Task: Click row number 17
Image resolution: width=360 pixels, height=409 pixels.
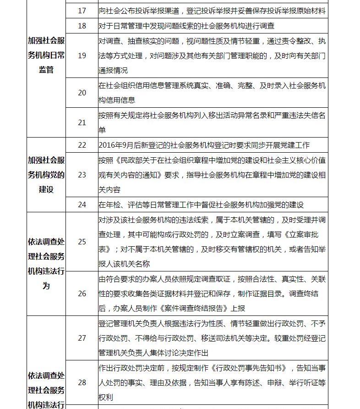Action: click(x=82, y=10)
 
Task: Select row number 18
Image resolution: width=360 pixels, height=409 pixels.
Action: click(x=82, y=26)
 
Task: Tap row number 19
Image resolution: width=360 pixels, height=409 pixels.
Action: click(x=82, y=55)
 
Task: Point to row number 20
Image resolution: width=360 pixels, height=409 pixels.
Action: click(x=82, y=93)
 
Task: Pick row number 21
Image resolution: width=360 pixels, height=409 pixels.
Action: click(x=82, y=122)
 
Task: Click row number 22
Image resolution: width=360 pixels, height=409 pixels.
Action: click(x=82, y=145)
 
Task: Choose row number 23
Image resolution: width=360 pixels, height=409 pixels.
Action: click(x=82, y=175)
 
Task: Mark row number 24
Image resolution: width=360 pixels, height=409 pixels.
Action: click(x=82, y=204)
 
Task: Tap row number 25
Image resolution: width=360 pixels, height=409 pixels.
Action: click(x=82, y=242)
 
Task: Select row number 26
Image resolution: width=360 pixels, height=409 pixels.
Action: click(x=82, y=293)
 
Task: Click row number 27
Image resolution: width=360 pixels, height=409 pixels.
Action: click(x=82, y=338)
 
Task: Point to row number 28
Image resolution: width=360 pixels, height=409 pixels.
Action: click(x=82, y=382)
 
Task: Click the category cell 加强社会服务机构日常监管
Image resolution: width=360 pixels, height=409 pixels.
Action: click(x=46, y=55)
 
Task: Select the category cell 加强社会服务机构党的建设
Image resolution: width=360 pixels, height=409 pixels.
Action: click(x=46, y=175)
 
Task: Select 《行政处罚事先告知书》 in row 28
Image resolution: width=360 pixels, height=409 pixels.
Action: click(x=250, y=368)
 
